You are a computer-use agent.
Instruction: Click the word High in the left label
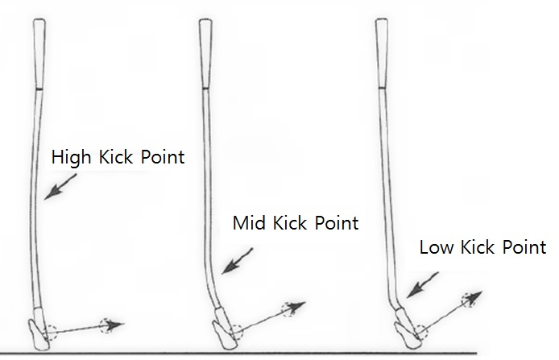coord(70,156)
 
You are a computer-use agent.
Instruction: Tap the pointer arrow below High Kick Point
coord(58,187)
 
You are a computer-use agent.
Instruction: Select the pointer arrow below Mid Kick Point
coord(239,261)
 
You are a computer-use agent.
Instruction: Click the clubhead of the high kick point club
coord(39,331)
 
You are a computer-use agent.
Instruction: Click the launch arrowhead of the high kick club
coord(118,325)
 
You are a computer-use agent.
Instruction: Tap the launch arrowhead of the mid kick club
coord(300,305)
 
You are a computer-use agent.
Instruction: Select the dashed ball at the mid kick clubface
coord(234,328)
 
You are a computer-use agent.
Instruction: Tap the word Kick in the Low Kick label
coord(482,247)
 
